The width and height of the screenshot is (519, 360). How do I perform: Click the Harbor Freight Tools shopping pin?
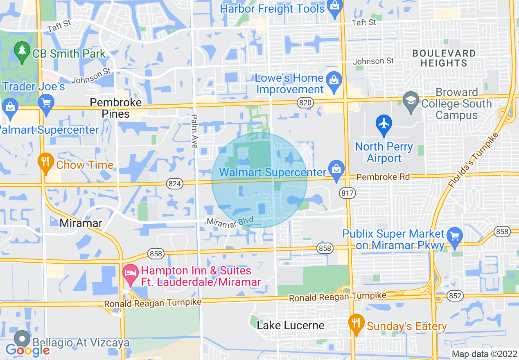pyautogui.click(x=335, y=9)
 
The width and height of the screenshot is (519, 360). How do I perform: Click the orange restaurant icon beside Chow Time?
pyautogui.click(x=46, y=163)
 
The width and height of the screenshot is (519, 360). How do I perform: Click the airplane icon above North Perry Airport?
pyautogui.click(x=384, y=125)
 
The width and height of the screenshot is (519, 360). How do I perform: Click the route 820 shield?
pyautogui.click(x=305, y=103)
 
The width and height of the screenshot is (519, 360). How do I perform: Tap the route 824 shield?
pyautogui.click(x=175, y=184)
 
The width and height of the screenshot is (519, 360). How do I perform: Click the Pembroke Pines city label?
pyautogui.click(x=115, y=108)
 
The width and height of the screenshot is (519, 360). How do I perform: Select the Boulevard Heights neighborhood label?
pyautogui.click(x=444, y=58)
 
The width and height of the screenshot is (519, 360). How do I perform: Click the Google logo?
pyautogui.click(x=27, y=350)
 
